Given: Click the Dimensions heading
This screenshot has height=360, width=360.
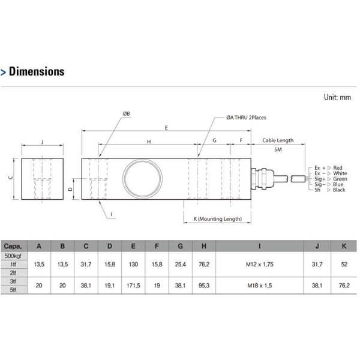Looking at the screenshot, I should point(36,71).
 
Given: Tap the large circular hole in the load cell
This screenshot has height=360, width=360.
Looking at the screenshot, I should point(142,177).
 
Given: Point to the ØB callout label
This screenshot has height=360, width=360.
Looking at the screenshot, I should point(127,113).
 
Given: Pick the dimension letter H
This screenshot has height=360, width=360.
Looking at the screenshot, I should point(148,141).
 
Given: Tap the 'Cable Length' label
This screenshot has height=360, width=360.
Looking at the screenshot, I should point(278,140).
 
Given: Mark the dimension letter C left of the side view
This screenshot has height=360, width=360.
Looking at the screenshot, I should point(11,178).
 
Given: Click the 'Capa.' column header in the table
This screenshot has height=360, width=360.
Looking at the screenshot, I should point(14,246).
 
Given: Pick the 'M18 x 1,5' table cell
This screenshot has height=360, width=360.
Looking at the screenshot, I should point(259,286).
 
